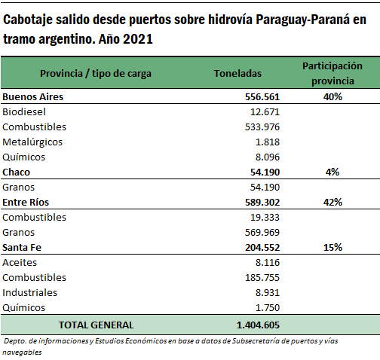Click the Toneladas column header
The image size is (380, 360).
tap(237, 73)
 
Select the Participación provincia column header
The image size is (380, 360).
tap(332, 73)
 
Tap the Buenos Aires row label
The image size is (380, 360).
tap(33, 97)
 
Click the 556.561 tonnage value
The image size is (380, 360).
tap(262, 97)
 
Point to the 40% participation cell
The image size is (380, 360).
tap(332, 97)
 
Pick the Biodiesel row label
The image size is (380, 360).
tap(24, 112)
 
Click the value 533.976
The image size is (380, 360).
tap(262, 127)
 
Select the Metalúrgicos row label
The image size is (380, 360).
tap(32, 142)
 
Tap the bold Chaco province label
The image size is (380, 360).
tap(17, 172)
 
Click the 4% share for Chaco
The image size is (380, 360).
tap(332, 172)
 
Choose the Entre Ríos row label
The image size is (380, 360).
tap(26, 203)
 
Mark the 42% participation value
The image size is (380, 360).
tap(332, 203)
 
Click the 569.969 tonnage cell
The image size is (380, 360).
tap(262, 233)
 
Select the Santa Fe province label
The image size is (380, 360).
tap(22, 248)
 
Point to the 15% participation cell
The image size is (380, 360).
tap(332, 248)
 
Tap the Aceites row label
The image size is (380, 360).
tap(20, 263)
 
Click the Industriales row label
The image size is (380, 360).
tap(30, 293)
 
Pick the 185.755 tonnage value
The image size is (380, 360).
tap(262, 278)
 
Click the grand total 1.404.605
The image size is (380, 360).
tap(258, 325)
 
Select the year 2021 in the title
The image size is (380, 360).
tap(138, 39)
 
